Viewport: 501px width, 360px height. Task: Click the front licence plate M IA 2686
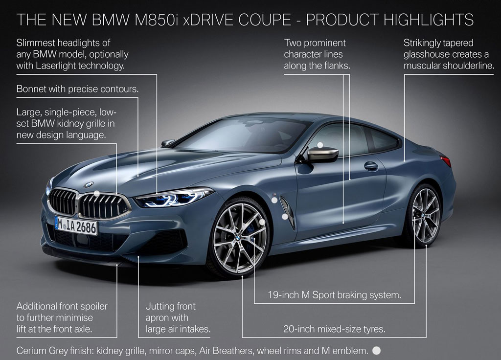(x=76, y=226)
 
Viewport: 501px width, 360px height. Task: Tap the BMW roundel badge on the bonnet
(x=89, y=184)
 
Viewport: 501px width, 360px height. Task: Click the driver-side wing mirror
(x=322, y=155)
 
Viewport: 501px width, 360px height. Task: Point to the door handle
(x=371, y=166)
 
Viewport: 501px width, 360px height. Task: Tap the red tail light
(x=446, y=160)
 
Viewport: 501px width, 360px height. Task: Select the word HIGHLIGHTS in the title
(x=429, y=20)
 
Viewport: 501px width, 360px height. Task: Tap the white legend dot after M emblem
(x=377, y=350)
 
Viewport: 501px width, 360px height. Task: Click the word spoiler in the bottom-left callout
(x=93, y=306)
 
